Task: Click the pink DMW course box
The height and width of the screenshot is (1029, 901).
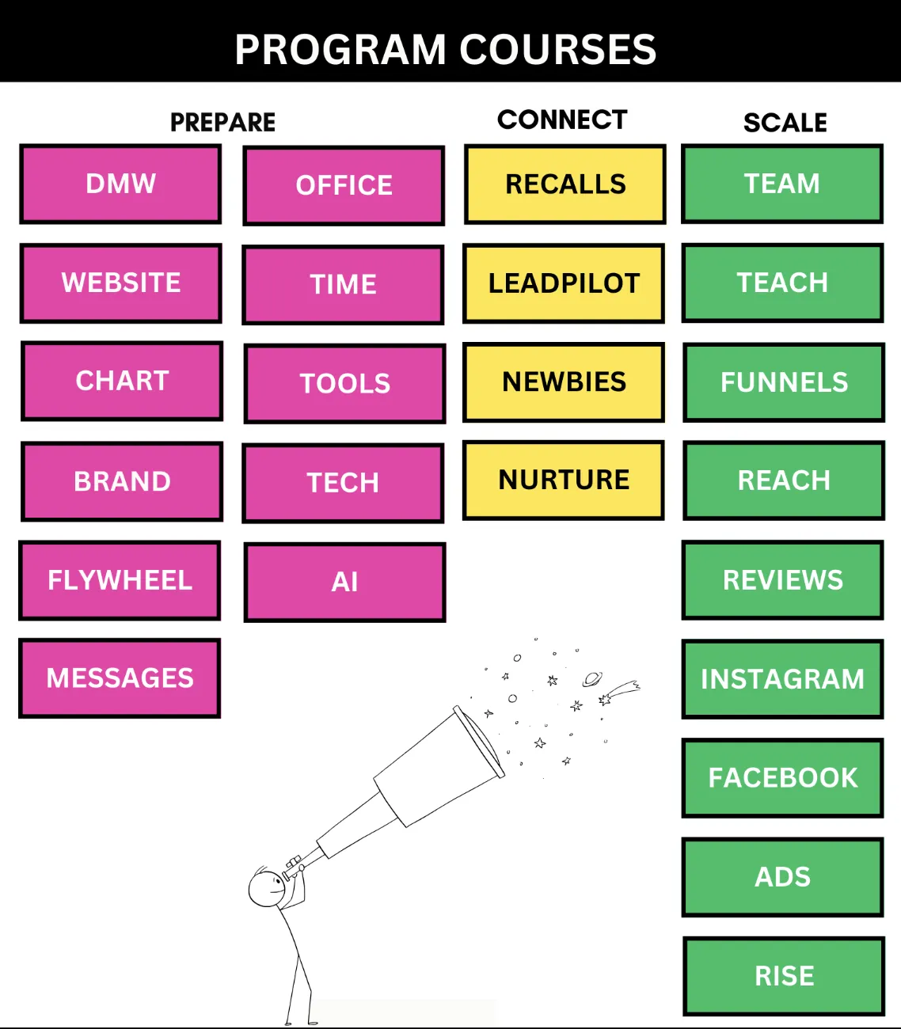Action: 120,184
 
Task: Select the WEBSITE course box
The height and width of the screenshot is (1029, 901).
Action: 120,283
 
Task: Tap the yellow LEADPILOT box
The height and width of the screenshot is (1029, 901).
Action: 564,283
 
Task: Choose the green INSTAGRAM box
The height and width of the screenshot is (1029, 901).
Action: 782,679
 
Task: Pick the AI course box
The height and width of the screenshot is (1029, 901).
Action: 344,583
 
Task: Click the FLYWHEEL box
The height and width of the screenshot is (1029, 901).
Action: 120,580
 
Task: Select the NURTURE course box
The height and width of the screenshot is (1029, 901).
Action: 564,480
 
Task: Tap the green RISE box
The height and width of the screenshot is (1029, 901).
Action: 784,976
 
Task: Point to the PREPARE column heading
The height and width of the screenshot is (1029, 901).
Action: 223,123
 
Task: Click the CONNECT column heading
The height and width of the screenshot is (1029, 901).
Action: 562,120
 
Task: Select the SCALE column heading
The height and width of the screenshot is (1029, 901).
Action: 785,123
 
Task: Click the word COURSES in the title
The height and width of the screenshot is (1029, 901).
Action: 557,49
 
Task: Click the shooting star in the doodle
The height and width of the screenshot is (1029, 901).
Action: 619,692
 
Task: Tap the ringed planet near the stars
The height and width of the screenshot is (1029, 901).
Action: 591,678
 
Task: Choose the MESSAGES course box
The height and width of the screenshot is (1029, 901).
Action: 120,678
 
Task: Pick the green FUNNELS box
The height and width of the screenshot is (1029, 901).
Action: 784,382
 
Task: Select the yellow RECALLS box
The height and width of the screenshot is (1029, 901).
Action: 565,184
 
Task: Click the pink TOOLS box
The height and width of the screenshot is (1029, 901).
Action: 344,384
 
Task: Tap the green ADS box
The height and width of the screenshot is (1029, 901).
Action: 782,877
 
